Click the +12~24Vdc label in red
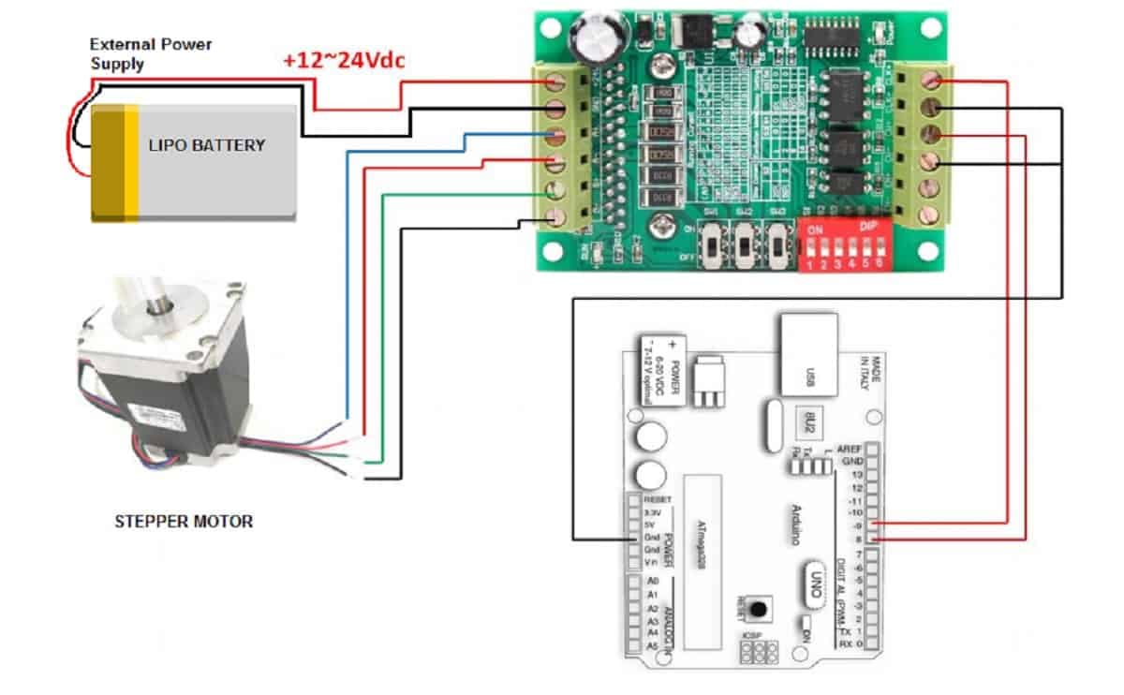coord(344,62)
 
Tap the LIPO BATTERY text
coord(207,145)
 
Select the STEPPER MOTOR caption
coord(184,521)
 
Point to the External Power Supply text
coord(151,53)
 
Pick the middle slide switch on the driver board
coord(746,245)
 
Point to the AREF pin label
coord(849,449)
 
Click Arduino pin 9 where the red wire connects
coord(874,525)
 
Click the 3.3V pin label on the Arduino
coord(654,513)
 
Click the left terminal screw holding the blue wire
coord(556,137)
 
